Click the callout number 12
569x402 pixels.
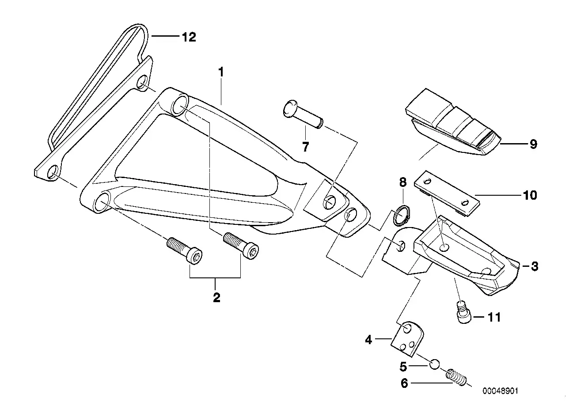[x=189, y=37]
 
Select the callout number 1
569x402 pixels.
[x=221, y=72]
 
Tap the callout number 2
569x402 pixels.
[x=216, y=297]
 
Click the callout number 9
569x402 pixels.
[x=533, y=144]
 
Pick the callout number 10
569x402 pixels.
[x=530, y=195]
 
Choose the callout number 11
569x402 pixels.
[x=494, y=317]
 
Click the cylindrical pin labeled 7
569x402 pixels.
[x=303, y=114]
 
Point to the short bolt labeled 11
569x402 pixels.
[x=462, y=313]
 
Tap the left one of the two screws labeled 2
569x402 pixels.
[x=185, y=250]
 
